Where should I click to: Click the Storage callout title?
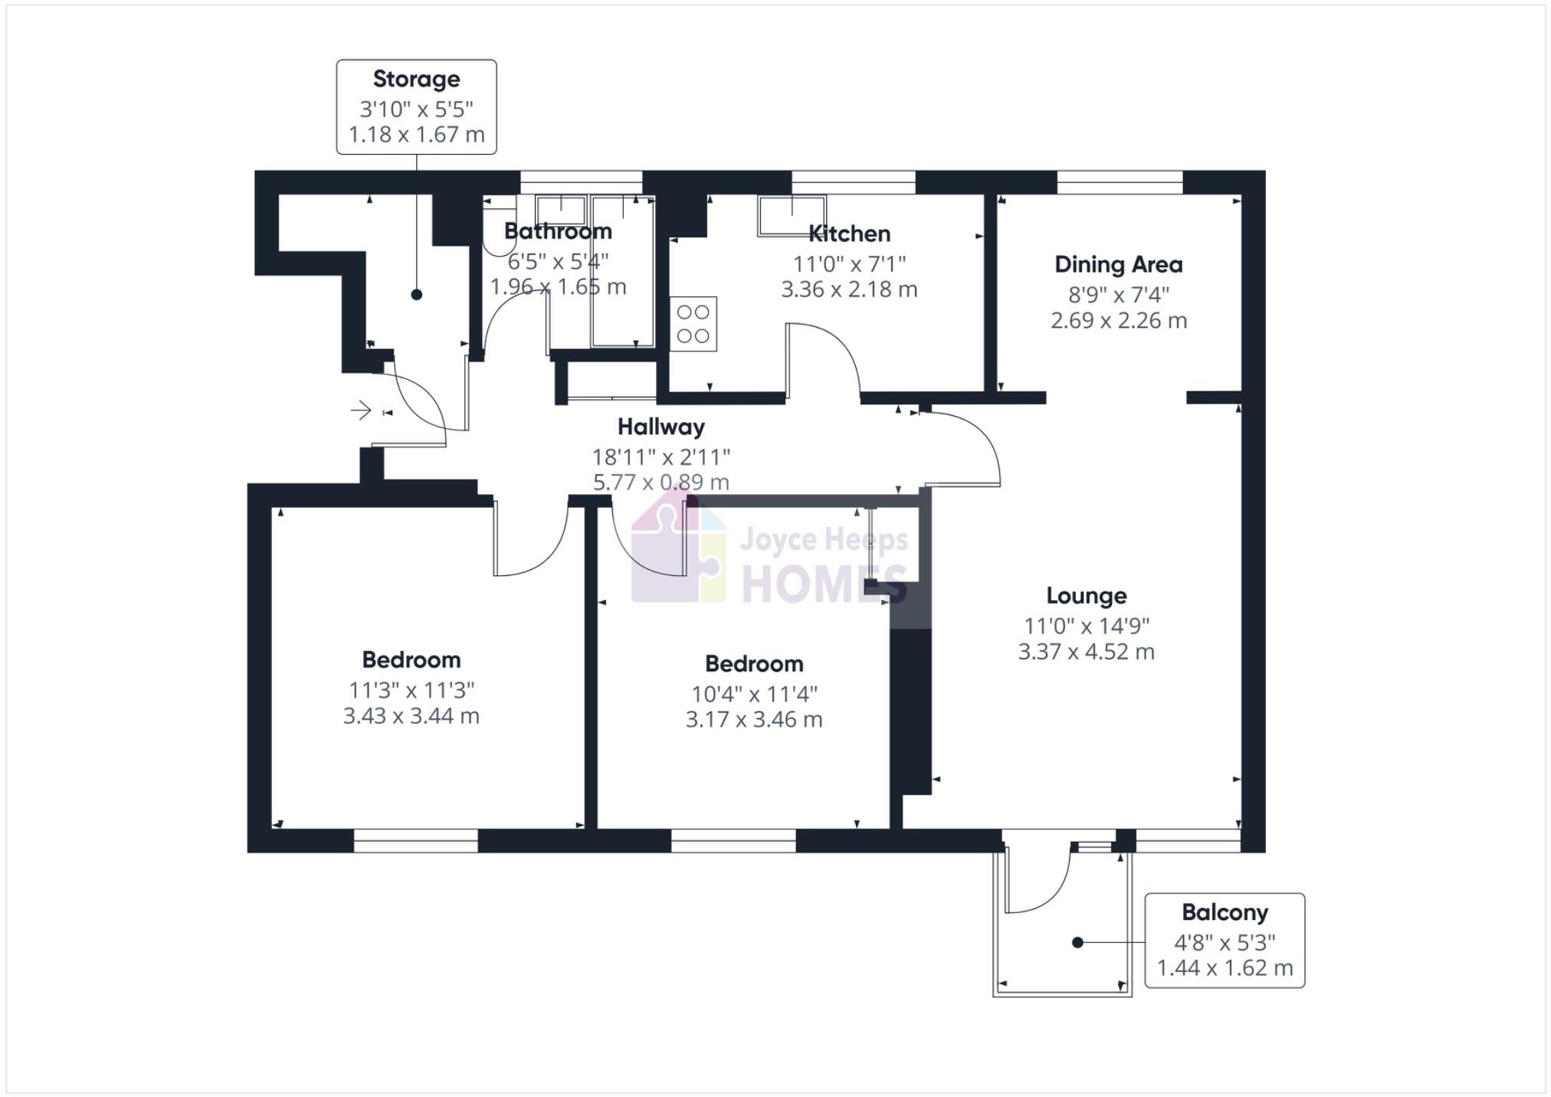coord(416,79)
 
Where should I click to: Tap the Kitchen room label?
coord(849,234)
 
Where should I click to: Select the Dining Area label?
coord(1118,265)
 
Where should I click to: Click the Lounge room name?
coord(1086,596)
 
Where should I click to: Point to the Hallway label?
coord(661,427)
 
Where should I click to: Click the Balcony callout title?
coord(1224,912)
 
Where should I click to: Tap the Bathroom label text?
coord(558,231)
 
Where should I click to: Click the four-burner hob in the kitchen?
coord(693,324)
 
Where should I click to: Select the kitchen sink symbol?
coord(792,215)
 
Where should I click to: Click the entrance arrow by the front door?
coord(361,411)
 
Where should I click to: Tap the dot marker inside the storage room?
coord(416,294)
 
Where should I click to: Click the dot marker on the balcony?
coord(1077,942)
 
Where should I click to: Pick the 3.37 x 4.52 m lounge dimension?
coord(1086,652)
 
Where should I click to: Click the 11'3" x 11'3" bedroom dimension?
coord(412,690)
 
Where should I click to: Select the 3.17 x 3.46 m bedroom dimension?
coord(754,720)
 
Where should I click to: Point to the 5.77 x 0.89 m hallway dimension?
coord(661,483)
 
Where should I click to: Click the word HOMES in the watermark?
coord(824,584)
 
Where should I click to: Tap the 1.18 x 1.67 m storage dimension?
coord(416,135)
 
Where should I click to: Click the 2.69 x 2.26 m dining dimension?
coord(1118,320)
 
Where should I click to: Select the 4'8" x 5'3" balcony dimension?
coord(1224,942)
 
